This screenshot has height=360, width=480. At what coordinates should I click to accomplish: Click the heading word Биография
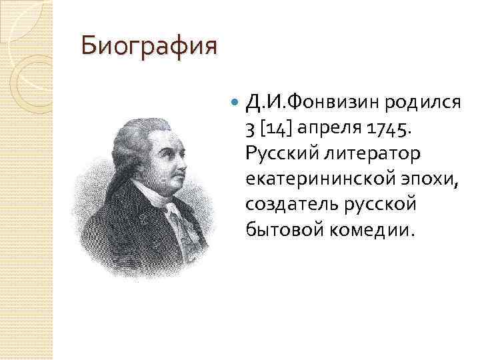tap(149, 47)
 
